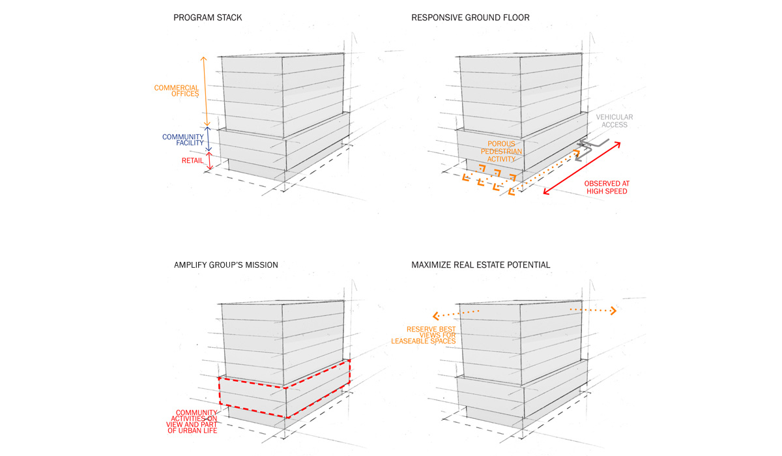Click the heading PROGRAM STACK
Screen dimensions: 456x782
(x=207, y=18)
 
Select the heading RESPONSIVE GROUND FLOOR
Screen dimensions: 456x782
(x=470, y=18)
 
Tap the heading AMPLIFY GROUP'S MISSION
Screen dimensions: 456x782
(x=225, y=265)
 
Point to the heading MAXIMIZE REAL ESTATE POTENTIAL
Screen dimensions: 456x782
(x=480, y=265)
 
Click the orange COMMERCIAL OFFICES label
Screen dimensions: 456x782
(x=177, y=92)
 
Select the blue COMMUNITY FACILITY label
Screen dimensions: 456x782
(x=183, y=140)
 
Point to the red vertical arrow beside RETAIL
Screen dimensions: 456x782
(x=209, y=160)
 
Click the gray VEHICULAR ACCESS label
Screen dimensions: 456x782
(x=614, y=121)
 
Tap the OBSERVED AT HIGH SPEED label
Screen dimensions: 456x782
(x=605, y=188)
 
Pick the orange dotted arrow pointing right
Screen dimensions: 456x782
(x=593, y=309)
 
